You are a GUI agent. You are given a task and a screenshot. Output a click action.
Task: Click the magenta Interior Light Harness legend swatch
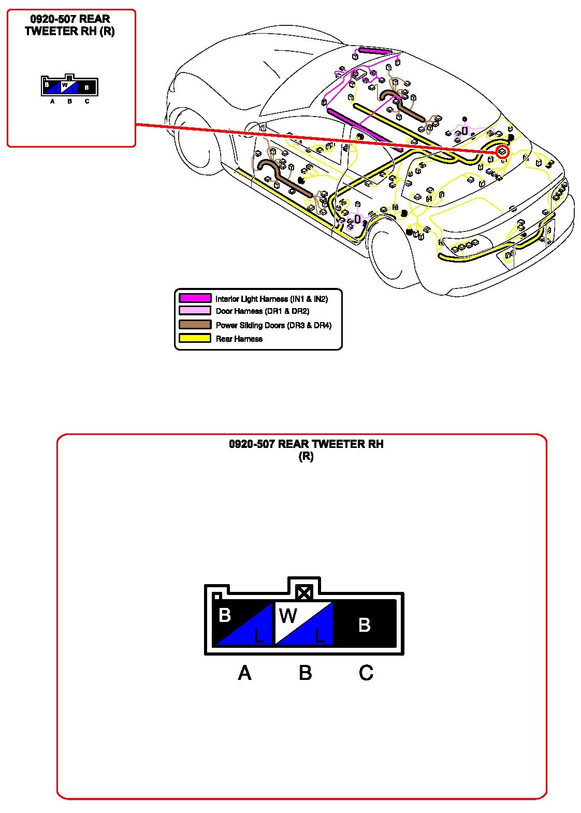(x=195, y=298)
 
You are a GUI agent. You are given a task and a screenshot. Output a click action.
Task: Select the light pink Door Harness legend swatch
(x=195, y=311)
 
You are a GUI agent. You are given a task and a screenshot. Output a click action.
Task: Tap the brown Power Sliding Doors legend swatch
(x=195, y=325)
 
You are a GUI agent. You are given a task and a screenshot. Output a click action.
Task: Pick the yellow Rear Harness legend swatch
(x=195, y=338)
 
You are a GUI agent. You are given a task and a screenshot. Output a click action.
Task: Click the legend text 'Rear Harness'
(x=239, y=339)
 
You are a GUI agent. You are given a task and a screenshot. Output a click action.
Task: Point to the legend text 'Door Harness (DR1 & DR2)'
(x=262, y=311)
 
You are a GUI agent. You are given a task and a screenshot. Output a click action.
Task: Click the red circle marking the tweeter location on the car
(x=502, y=152)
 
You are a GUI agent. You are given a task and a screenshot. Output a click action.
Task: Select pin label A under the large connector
(x=244, y=673)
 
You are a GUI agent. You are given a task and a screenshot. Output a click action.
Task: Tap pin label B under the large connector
(x=305, y=673)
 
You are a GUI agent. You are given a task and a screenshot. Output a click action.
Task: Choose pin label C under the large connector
(x=366, y=673)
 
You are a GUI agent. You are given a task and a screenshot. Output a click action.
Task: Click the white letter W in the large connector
(x=288, y=616)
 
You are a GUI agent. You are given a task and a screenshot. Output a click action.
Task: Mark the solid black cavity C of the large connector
(x=365, y=624)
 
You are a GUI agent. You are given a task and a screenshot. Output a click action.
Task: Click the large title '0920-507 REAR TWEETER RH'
(x=306, y=444)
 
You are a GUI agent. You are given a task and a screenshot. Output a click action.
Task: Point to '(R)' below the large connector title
(x=306, y=456)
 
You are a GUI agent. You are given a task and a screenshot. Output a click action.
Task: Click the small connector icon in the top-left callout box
(x=69, y=86)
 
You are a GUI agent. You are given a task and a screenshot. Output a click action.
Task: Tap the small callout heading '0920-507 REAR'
(x=70, y=19)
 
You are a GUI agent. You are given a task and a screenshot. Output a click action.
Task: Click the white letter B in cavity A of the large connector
(x=225, y=615)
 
